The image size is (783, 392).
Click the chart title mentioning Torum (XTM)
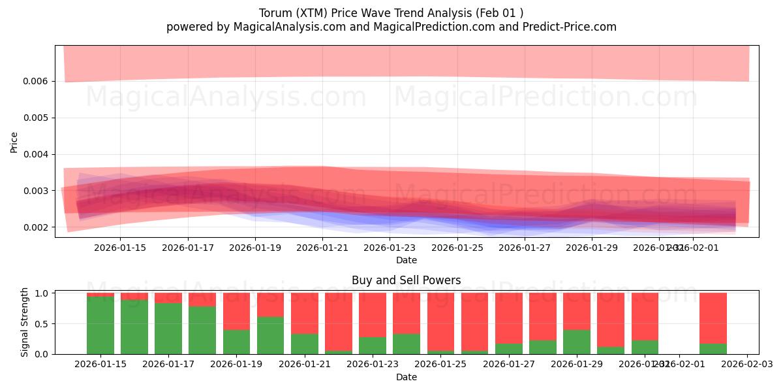[391, 13]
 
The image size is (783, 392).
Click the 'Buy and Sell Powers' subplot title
[406, 280]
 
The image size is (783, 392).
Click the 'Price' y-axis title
[14, 142]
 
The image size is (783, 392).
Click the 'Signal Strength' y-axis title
[25, 322]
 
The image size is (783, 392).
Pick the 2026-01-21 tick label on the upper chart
[322, 248]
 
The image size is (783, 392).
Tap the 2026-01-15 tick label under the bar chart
[100, 365]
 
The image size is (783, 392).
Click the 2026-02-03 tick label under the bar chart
[746, 365]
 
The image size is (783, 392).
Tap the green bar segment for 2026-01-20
[270, 335]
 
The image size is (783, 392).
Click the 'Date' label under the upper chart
[406, 260]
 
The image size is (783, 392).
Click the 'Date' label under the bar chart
[406, 377]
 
